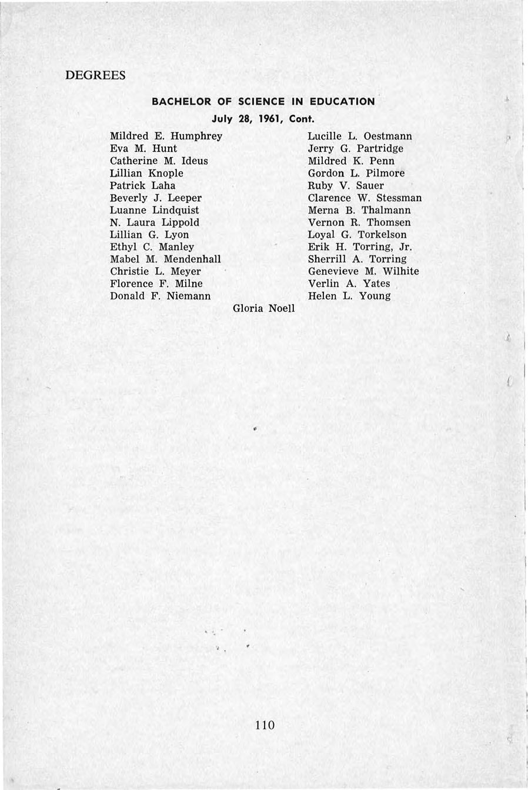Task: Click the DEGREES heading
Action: [x=95, y=75]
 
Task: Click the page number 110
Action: [x=265, y=725]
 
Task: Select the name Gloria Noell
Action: [x=264, y=308]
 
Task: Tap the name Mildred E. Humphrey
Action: [x=166, y=136]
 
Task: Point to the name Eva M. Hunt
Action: [x=143, y=149]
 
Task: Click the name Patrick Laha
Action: [x=143, y=186]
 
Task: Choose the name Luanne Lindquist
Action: [x=155, y=211]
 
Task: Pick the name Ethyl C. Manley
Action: [x=152, y=247]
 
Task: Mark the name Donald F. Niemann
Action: [x=161, y=296]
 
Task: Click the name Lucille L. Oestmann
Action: [x=360, y=136]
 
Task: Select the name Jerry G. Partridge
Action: [x=356, y=149]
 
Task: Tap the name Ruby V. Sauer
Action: [x=346, y=186]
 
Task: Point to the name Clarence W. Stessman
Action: [x=365, y=198]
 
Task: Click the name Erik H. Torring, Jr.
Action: [x=360, y=247]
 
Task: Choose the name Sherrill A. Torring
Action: [x=357, y=259]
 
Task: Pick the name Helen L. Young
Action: [x=349, y=296]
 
